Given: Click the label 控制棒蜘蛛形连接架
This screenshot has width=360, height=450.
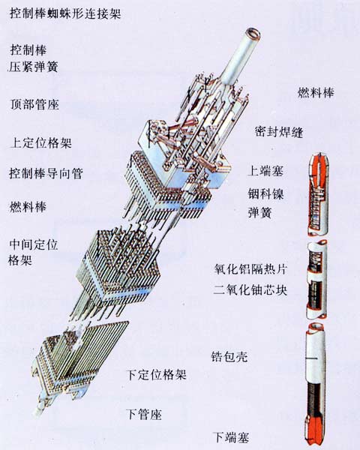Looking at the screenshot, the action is (65, 13).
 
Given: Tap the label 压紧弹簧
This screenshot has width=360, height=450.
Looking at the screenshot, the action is (34, 67).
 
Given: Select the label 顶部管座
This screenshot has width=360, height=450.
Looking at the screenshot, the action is (34, 104).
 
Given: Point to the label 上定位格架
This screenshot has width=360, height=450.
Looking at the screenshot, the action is (40, 143).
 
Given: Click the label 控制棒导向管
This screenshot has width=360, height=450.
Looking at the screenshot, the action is (46, 173).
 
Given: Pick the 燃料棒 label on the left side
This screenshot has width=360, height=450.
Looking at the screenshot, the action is (28, 207).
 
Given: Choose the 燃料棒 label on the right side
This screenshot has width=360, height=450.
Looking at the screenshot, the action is (316, 93).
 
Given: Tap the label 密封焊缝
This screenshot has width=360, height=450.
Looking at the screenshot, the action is (279, 132).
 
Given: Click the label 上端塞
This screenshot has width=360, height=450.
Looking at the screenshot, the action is (265, 171).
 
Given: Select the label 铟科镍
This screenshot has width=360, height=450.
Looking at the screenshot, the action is (265, 194).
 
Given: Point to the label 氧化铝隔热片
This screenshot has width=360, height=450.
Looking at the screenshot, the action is (250, 269).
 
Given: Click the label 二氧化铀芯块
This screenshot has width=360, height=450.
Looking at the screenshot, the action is (250, 289).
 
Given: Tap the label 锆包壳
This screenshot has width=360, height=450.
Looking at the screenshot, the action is (229, 357).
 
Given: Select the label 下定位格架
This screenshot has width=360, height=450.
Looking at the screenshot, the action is (156, 375).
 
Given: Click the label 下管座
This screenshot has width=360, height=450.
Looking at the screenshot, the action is (144, 414).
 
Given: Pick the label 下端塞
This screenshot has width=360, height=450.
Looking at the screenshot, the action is (231, 437).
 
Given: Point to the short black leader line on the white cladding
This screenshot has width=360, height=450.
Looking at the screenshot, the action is (311, 358).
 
